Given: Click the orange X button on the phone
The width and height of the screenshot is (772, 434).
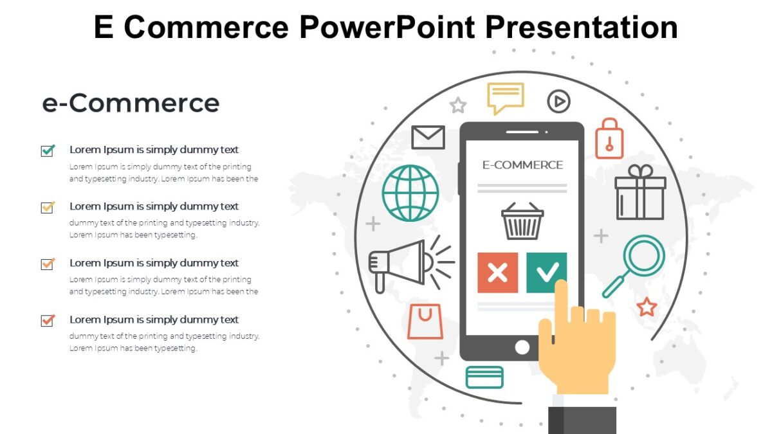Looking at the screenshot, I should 497,273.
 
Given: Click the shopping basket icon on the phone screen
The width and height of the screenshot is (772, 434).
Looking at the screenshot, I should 522,221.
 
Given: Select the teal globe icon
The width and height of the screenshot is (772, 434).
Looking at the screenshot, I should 410,194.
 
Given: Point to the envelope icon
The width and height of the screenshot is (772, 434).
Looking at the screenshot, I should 428,137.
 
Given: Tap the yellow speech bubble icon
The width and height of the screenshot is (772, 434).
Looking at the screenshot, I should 505,97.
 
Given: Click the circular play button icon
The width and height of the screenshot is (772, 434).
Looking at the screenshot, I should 558,101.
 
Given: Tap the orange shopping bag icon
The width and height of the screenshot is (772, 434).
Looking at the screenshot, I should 425,321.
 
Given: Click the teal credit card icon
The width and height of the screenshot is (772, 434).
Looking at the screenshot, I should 484,377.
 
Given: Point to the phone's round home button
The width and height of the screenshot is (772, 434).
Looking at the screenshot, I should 522,347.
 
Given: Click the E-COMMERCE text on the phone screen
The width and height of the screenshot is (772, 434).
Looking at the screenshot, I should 522,165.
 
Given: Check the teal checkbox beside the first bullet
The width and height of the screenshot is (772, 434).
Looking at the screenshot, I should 48,150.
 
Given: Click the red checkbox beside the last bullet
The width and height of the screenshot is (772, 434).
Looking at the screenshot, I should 48,320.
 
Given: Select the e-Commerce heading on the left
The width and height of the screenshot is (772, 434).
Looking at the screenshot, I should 131,103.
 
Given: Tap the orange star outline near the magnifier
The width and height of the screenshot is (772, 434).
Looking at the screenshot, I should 646,307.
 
